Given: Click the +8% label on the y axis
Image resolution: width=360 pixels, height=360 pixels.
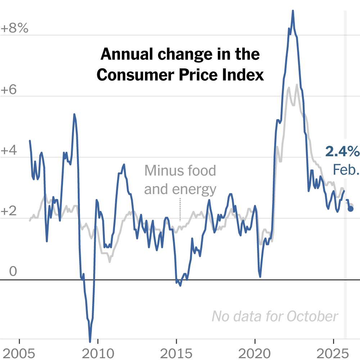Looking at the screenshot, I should click(15, 29).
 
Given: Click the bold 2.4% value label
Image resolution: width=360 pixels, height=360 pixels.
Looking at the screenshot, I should click(342, 152).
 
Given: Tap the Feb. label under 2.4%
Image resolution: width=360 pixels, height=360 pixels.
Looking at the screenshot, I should click(346, 169).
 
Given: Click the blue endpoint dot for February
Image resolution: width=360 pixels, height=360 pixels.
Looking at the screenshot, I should click(351, 209).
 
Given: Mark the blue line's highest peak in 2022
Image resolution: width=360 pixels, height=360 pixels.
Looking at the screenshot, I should click(293, 11).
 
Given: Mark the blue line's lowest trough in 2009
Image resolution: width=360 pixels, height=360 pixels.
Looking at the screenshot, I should click(90, 341).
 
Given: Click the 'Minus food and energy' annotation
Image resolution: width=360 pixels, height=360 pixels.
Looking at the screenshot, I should click(180, 180).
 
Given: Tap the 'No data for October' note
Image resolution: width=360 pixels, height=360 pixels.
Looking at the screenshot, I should click(275, 316).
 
